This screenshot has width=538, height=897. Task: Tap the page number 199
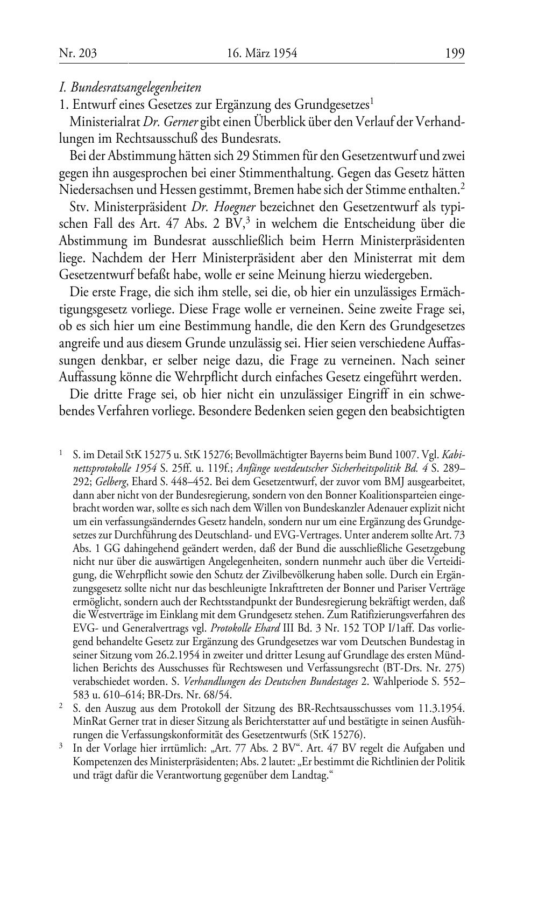(x=455, y=53)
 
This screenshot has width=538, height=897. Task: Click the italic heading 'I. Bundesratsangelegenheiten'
(x=130, y=87)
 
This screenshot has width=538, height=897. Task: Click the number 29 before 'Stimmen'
(x=242, y=157)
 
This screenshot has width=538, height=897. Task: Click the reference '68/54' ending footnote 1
(x=238, y=695)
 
